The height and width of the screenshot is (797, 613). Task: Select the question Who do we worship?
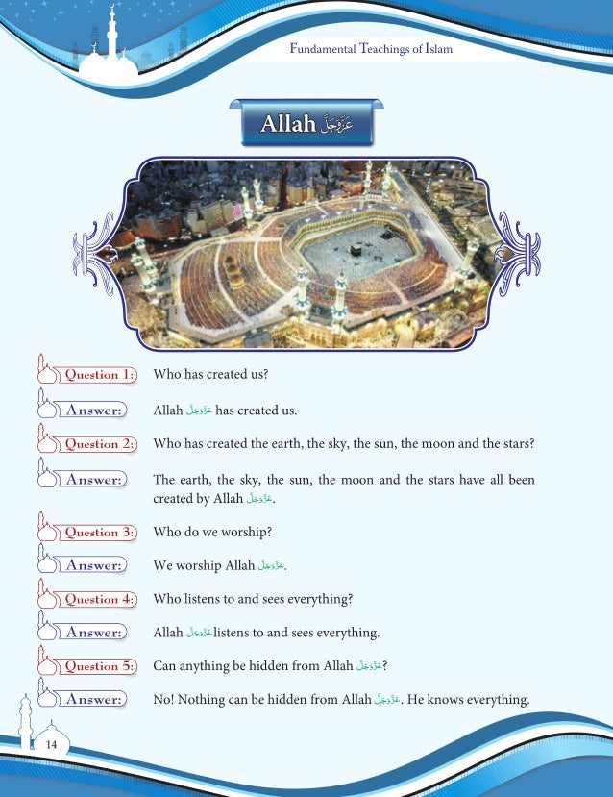click(x=212, y=533)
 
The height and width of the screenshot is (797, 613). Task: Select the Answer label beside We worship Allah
click(x=93, y=566)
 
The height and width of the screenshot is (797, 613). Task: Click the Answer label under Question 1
click(x=93, y=411)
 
